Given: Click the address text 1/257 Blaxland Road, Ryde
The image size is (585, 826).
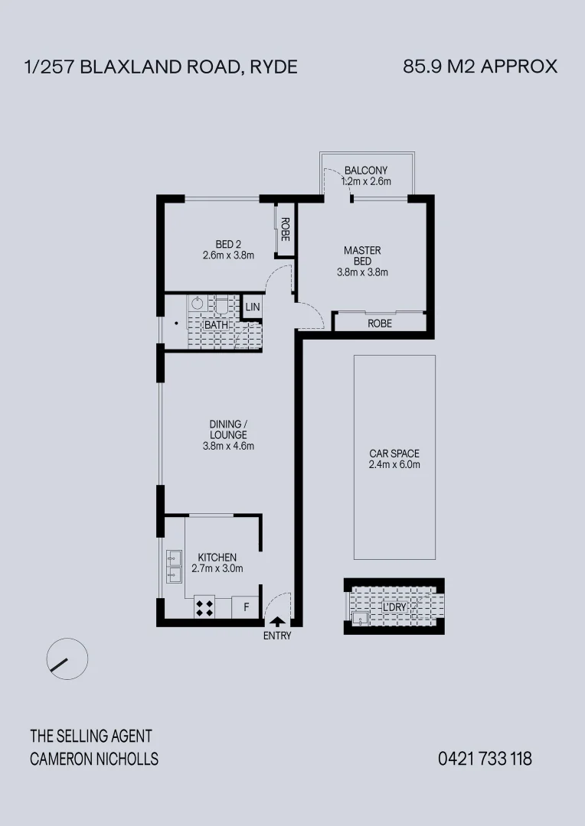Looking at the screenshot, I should click(162, 67).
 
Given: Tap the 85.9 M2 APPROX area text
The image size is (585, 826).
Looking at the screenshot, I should click(480, 67).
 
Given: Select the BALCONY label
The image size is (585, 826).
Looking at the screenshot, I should click(366, 170).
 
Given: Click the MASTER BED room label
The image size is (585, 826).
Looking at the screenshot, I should click(362, 255).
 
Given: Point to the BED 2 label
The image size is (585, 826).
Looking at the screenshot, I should click(227, 245).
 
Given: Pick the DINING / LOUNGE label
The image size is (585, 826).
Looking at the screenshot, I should click(227, 429).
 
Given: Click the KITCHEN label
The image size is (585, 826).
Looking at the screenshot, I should click(217, 558).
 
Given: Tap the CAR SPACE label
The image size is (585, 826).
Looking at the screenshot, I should click(394, 454).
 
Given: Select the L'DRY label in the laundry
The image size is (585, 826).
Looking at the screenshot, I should click(394, 607).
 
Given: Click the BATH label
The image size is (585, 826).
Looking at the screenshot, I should click(215, 325).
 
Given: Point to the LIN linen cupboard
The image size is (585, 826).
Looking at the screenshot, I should click(252, 307).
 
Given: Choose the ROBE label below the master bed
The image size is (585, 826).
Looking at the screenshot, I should click(379, 324).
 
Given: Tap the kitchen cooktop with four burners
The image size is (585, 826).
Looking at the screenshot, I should click(205, 608).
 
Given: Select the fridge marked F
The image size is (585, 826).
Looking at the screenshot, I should click(246, 608).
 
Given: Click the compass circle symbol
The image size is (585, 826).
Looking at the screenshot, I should click(67, 658).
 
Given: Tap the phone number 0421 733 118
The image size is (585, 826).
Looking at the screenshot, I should click(485, 759).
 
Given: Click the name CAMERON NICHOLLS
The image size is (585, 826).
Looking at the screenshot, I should click(94, 759).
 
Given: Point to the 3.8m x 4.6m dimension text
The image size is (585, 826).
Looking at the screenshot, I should click(227, 446).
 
